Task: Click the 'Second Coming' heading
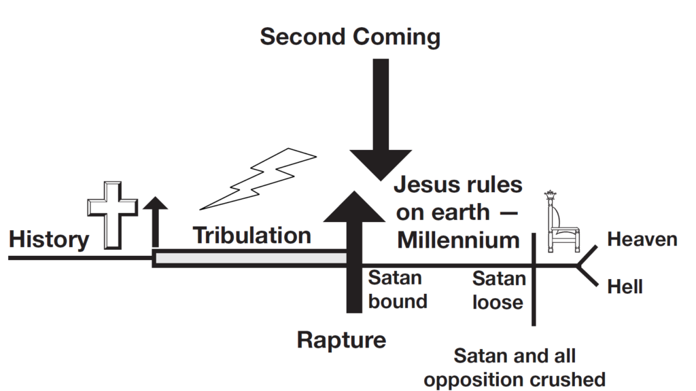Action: click(x=350, y=36)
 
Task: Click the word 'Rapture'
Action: click(x=341, y=339)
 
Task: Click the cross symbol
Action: click(x=112, y=215)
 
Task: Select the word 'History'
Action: click(x=48, y=239)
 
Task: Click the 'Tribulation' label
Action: click(x=252, y=236)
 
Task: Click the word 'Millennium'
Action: click(x=458, y=240)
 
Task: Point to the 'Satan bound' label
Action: click(x=398, y=290)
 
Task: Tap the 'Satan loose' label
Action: click(x=499, y=290)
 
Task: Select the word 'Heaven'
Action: click(x=642, y=240)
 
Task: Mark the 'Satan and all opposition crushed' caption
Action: click(x=514, y=367)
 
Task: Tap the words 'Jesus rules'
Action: click(x=458, y=185)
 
